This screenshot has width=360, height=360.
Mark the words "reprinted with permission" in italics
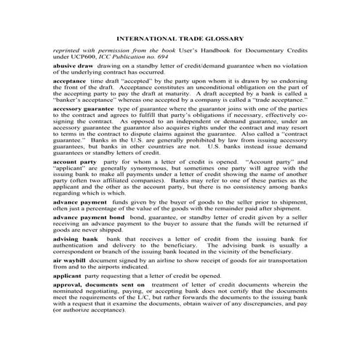point(87,49)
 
